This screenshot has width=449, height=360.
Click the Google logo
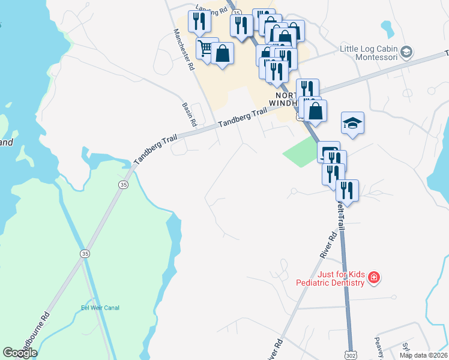click(20, 353)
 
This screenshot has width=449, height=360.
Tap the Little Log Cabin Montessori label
click(368, 53)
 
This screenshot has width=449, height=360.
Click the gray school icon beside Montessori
click(407, 52)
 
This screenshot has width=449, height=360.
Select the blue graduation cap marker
click(353, 123)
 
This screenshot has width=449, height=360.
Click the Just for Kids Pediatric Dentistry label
click(330, 278)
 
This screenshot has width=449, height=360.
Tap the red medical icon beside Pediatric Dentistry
click(373, 277)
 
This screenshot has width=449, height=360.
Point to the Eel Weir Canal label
click(100, 308)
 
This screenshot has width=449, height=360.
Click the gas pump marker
click(328, 151)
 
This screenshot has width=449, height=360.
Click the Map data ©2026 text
click(423, 355)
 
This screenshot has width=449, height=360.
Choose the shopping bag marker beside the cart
click(222, 53)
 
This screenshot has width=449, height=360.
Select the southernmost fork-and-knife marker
click(347, 190)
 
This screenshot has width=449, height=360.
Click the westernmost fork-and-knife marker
click(199, 21)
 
